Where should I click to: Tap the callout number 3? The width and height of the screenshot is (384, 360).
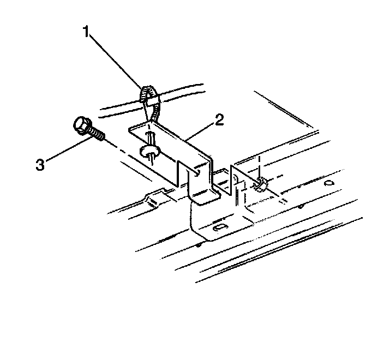[40, 164]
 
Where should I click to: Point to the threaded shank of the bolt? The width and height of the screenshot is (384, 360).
[98, 134]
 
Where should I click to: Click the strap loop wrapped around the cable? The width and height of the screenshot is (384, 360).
[148, 97]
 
